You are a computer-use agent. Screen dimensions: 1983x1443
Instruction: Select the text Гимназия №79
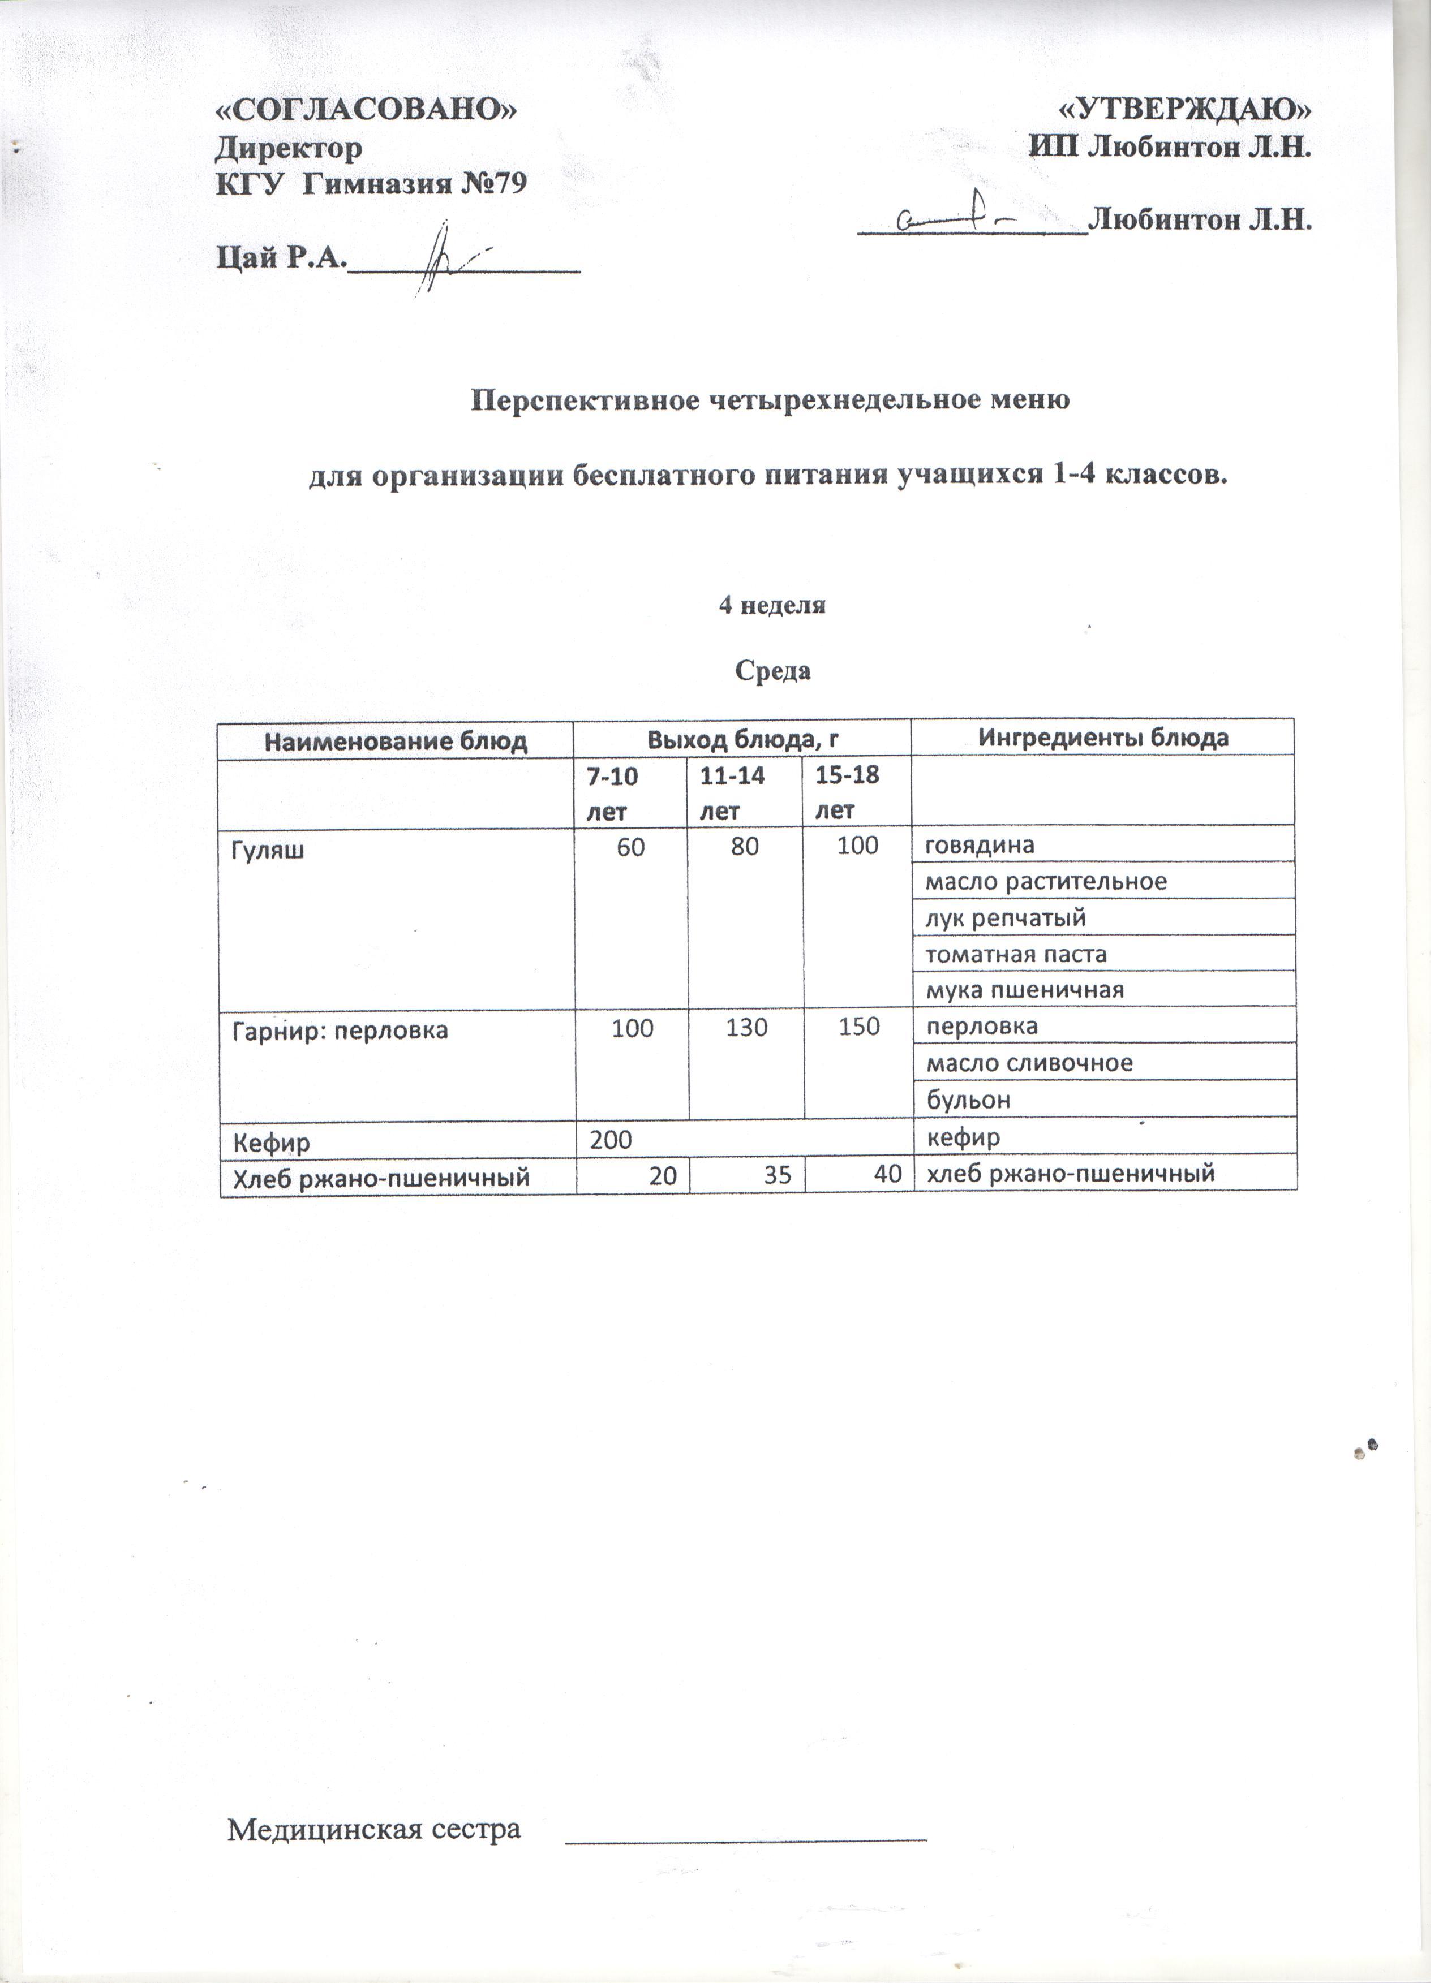(x=415, y=184)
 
